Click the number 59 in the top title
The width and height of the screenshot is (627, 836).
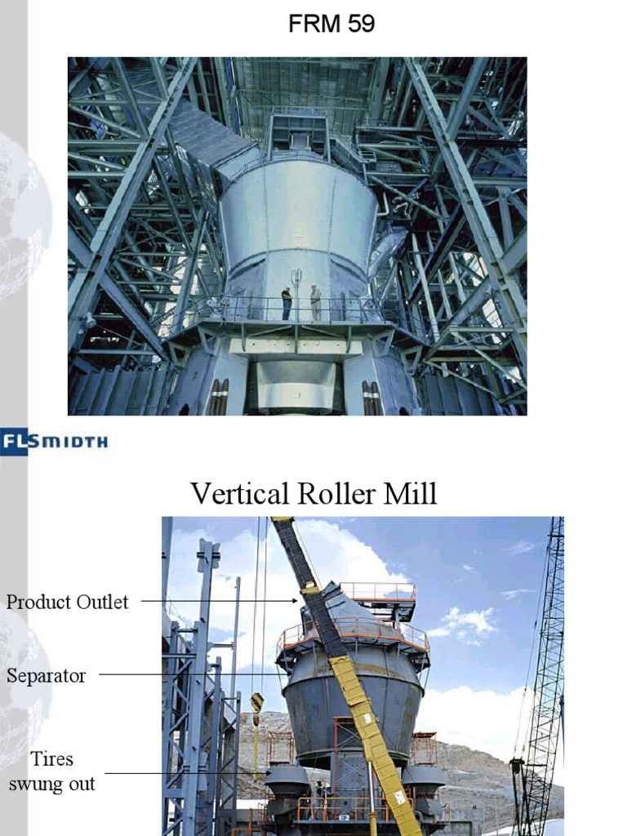[x=359, y=24]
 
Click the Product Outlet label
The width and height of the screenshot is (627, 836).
[x=67, y=603]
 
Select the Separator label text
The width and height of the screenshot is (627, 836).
[x=46, y=676]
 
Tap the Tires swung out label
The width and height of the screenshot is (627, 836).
[x=52, y=772]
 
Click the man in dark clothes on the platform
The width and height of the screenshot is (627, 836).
[x=287, y=303]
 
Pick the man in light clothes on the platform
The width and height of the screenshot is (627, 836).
[x=315, y=302]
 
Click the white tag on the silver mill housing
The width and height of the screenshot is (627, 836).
[x=297, y=275]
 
